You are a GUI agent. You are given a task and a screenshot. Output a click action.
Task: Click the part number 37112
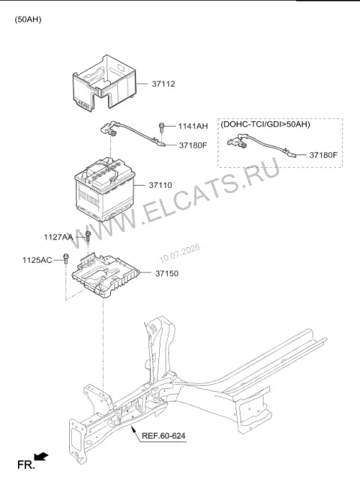tap(163, 84)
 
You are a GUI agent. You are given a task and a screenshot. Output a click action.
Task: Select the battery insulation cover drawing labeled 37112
tap(104, 83)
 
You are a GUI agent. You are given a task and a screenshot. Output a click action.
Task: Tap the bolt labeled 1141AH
tap(161, 128)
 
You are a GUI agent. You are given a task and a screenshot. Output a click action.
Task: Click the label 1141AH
tap(193, 127)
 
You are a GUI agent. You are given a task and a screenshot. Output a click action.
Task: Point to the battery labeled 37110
tap(104, 189)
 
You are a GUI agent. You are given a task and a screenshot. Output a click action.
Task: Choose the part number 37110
tap(161, 185)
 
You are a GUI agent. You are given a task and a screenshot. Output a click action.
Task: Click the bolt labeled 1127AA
tap(88, 236)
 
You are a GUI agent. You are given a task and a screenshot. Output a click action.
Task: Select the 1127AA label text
tap(58, 237)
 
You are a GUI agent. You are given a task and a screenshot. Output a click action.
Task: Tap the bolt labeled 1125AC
tap(66, 258)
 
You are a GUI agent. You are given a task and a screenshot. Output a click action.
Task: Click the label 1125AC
tap(37, 260)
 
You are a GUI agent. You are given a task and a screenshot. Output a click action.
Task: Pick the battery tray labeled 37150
tap(105, 275)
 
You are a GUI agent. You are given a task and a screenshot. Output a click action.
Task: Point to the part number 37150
tap(167, 274)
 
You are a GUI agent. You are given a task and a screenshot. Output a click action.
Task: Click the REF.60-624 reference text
tap(163, 436)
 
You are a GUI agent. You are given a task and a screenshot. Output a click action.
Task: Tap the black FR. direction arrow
tap(41, 457)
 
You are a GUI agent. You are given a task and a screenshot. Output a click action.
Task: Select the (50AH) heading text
tap(28, 19)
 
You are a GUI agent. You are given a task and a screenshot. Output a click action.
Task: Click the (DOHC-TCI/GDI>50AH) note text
tap(265, 125)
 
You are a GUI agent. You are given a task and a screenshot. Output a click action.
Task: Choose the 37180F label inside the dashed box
tap(323, 155)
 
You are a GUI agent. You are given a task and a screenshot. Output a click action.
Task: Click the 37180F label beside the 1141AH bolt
tap(193, 146)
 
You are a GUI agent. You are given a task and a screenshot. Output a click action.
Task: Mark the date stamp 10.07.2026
tap(180, 254)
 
